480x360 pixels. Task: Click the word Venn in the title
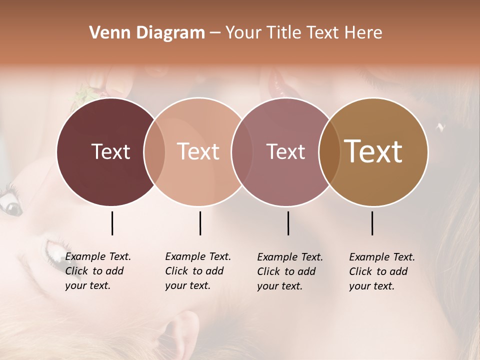(x=103, y=33)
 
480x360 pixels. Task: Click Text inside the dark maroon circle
(x=110, y=151)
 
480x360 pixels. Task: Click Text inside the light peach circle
(x=198, y=151)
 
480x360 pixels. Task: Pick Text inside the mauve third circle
(x=286, y=151)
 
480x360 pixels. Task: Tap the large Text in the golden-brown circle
(x=373, y=151)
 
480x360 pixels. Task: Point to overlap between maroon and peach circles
(x=154, y=152)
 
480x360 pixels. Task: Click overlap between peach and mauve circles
(x=242, y=152)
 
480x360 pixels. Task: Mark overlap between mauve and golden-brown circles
(x=329, y=152)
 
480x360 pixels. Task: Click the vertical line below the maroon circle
(x=112, y=223)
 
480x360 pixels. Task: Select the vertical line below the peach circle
(x=200, y=223)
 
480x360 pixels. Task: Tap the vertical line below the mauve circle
(x=288, y=223)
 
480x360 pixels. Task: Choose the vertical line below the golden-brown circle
(x=372, y=223)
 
